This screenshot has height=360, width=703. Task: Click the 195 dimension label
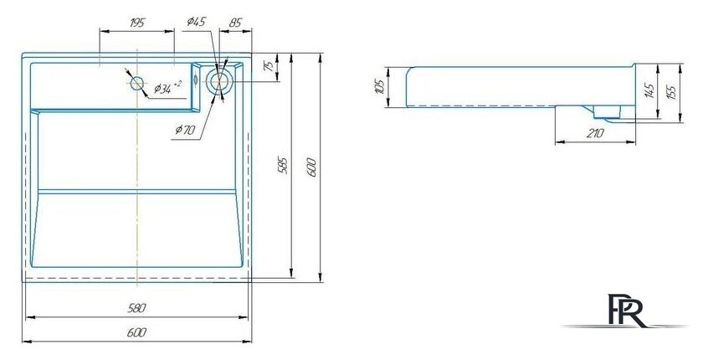click(137, 23)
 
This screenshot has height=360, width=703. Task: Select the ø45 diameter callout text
click(197, 22)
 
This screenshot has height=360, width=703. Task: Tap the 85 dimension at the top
click(235, 23)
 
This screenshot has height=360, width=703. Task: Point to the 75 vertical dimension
click(269, 66)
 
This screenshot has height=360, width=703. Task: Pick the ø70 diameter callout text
click(185, 131)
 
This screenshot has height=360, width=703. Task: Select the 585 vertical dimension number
click(284, 166)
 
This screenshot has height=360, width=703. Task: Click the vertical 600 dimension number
click(312, 167)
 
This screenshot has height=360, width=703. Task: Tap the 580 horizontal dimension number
click(137, 308)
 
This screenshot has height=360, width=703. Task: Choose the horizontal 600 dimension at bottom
click(136, 332)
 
